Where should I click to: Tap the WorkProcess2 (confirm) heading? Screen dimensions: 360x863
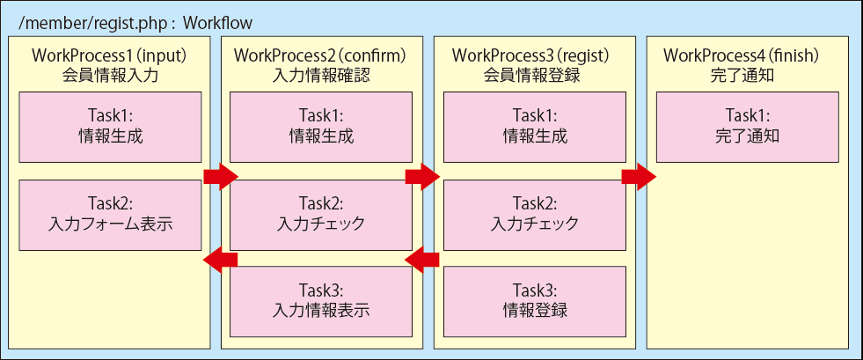[x=320, y=55]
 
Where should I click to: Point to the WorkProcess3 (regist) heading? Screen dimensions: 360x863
[x=533, y=55]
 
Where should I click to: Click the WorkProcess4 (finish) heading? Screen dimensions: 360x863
[x=742, y=55]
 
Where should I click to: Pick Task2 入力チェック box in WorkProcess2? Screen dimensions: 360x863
[x=321, y=215]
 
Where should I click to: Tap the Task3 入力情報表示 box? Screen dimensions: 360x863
[x=321, y=301]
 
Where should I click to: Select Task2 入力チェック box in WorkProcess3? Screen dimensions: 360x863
[x=534, y=215]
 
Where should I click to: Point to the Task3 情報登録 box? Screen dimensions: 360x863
[x=534, y=301]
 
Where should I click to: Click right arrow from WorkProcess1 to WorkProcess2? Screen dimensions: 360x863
[x=220, y=177]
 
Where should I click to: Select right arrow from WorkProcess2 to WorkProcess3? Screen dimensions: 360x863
[x=422, y=177]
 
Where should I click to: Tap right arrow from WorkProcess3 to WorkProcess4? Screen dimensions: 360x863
[x=639, y=177]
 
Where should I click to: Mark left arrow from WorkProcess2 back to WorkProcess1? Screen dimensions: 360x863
[x=220, y=259]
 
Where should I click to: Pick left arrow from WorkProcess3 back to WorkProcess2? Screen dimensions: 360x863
[x=422, y=259]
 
